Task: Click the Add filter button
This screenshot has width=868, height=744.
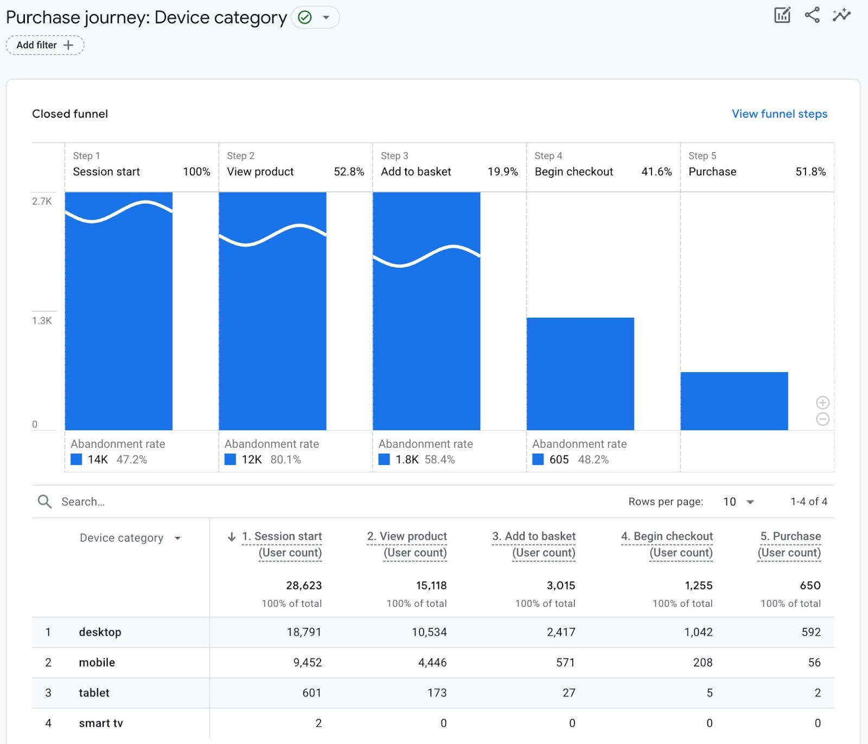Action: click(x=44, y=45)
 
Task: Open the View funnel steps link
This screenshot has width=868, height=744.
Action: click(x=779, y=114)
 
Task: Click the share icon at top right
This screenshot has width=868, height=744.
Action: click(x=812, y=15)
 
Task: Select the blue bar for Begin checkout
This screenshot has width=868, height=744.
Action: click(x=580, y=374)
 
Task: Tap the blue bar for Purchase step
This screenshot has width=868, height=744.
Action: click(x=733, y=401)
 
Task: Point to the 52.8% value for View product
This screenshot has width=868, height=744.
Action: click(x=348, y=172)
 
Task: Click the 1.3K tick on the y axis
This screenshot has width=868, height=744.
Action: click(x=42, y=320)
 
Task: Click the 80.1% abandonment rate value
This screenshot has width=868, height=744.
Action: click(x=285, y=459)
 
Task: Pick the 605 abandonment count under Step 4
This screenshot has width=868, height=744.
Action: click(x=559, y=459)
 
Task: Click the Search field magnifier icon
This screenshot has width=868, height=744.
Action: click(x=44, y=502)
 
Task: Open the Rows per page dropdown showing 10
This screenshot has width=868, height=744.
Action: click(x=738, y=502)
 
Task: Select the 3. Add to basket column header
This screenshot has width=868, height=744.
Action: click(x=534, y=544)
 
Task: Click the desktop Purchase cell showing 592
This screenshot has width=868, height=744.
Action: click(x=810, y=632)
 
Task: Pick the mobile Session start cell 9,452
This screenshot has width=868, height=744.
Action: click(x=307, y=663)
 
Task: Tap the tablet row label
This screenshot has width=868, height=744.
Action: click(x=94, y=693)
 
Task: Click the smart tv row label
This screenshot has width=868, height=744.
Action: click(x=101, y=723)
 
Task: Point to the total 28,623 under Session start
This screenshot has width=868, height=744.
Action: click(x=304, y=586)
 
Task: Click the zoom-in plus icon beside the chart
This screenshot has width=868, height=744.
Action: click(x=822, y=402)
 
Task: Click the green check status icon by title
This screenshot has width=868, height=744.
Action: click(x=305, y=17)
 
